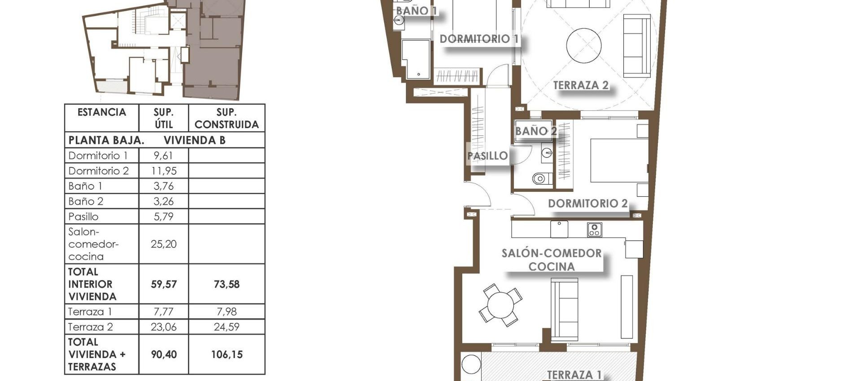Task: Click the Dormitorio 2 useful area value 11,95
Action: click(164, 171)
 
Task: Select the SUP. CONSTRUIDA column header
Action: click(226, 118)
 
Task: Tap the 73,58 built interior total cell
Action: click(226, 284)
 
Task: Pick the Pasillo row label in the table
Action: click(83, 216)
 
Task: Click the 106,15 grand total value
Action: click(226, 355)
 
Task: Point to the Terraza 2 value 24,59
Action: click(226, 327)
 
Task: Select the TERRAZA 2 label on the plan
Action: click(580, 85)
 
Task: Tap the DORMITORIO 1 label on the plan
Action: click(478, 39)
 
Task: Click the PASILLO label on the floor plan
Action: click(487, 156)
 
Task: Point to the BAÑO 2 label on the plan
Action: click(535, 131)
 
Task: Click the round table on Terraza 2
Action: click(583, 46)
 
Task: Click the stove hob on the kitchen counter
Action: click(594, 230)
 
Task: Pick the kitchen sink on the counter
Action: click(559, 229)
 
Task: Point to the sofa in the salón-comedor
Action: click(564, 309)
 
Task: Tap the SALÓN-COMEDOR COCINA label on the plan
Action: click(551, 260)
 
